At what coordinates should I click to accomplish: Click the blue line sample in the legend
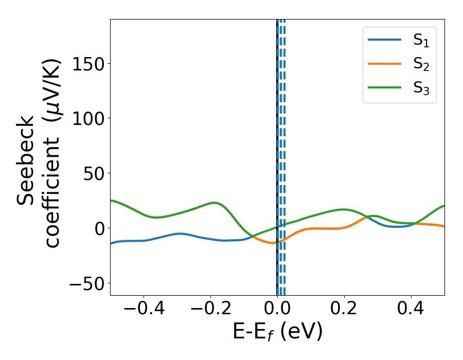(385, 40)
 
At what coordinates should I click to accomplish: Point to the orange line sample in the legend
(385, 64)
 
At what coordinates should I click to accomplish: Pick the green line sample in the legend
(385, 87)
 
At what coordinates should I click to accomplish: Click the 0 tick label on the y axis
(99, 228)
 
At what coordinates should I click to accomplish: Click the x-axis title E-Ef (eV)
(277, 332)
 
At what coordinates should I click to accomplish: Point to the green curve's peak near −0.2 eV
(215, 203)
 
